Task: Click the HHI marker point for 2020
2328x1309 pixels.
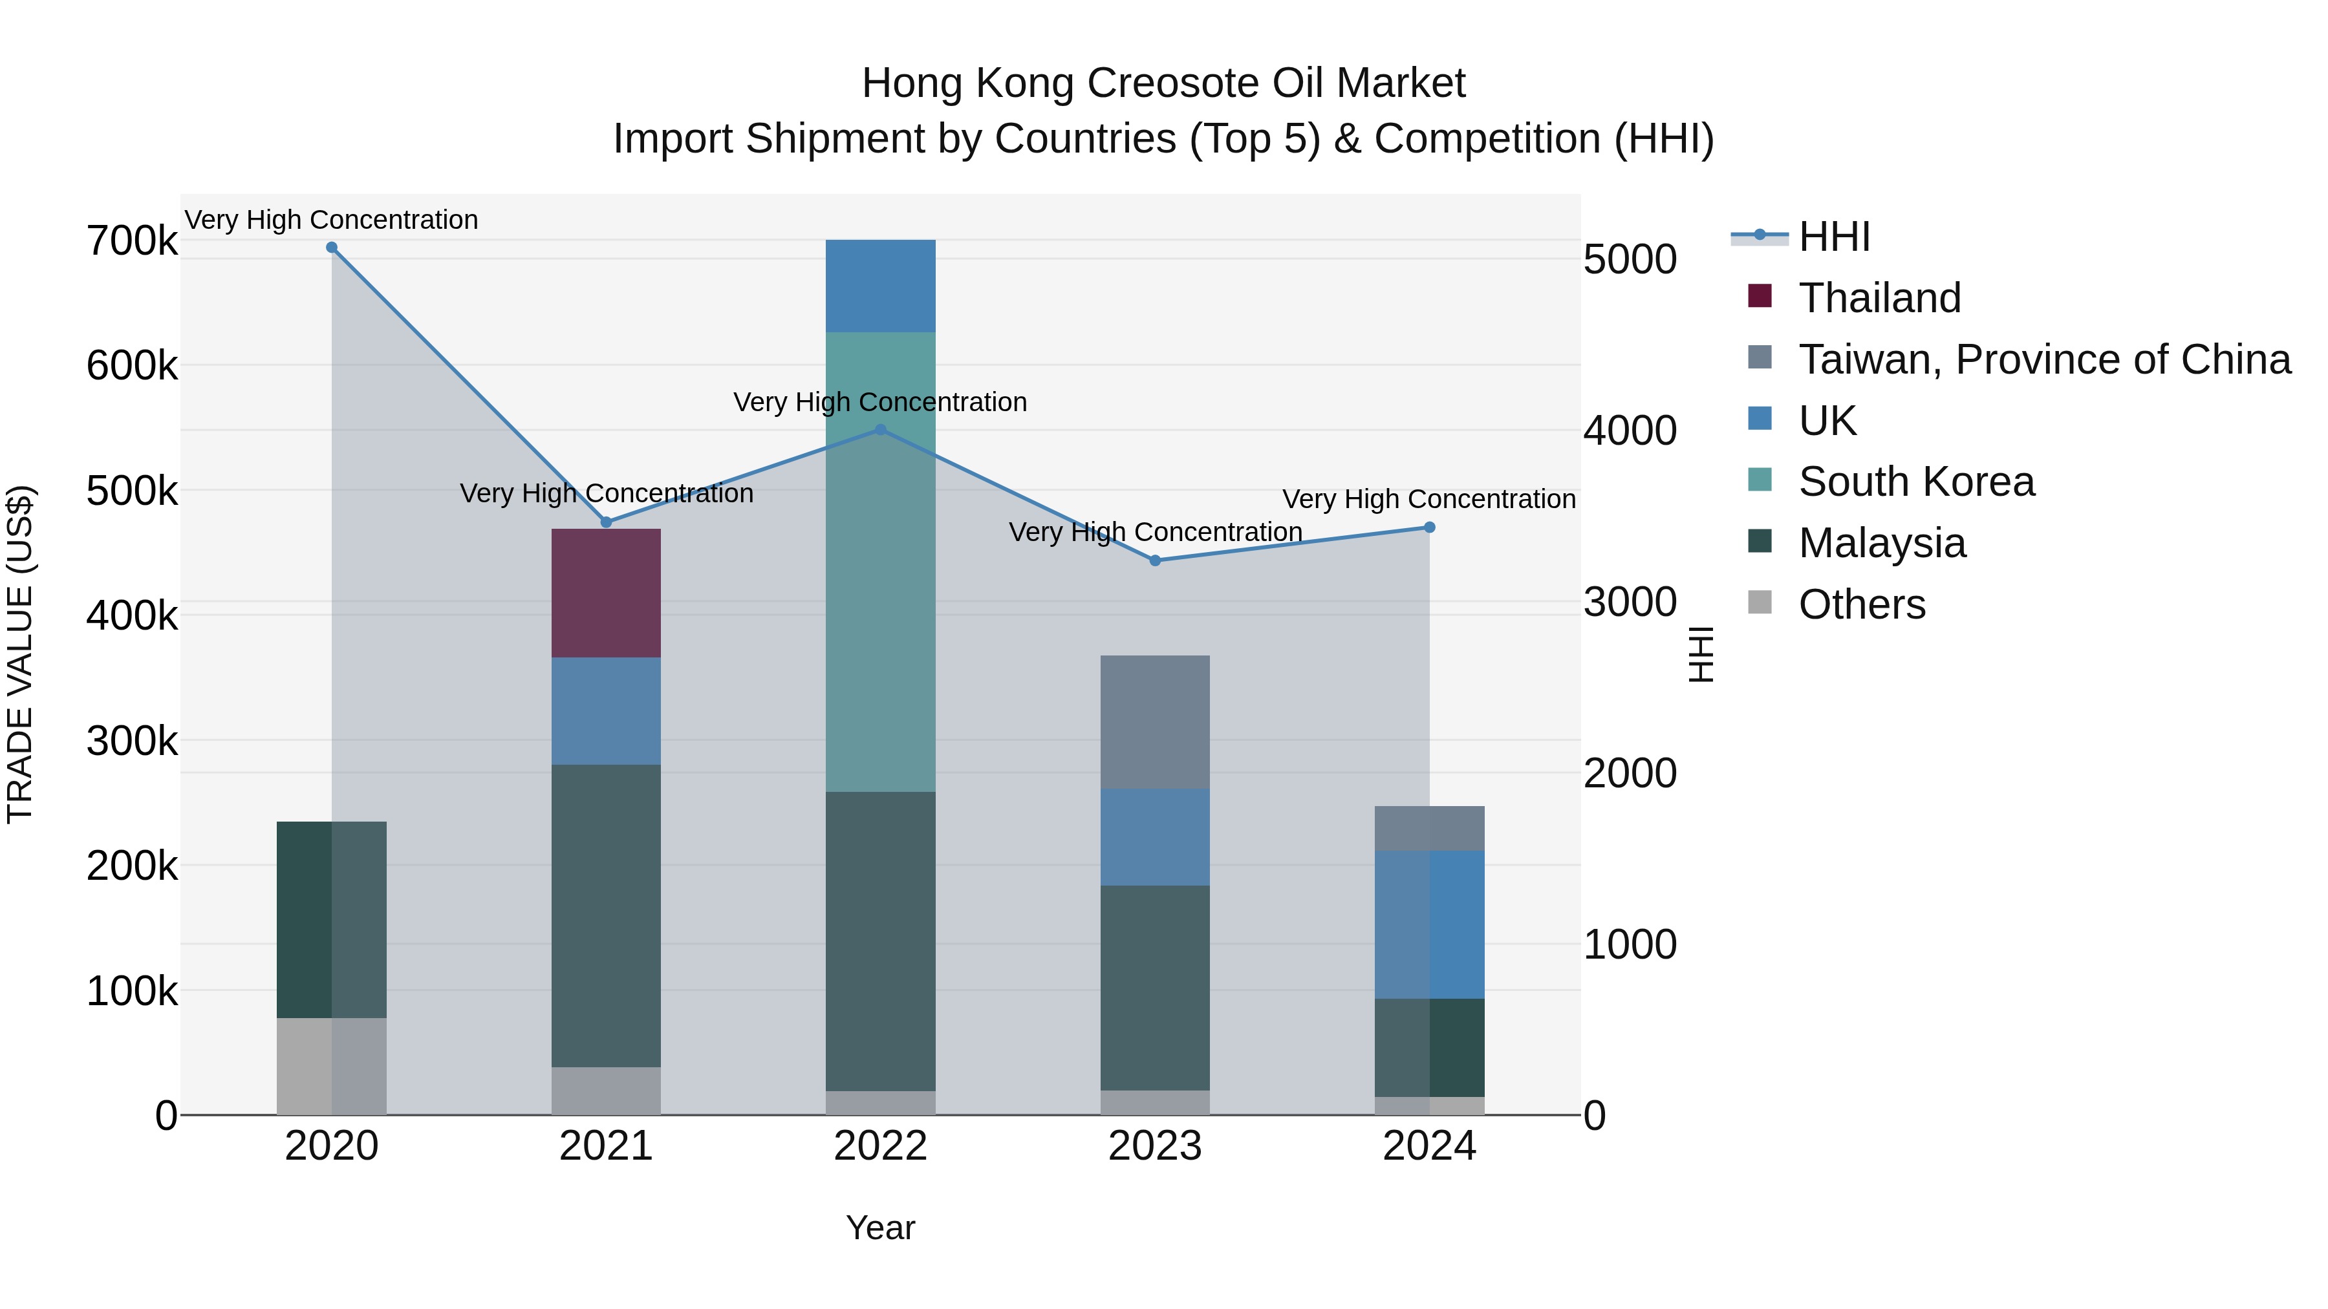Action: [x=332, y=248]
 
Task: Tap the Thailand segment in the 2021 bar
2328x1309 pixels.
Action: [x=605, y=593]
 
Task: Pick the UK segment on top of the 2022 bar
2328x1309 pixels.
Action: [x=880, y=286]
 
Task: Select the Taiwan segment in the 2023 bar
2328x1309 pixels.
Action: [x=1155, y=722]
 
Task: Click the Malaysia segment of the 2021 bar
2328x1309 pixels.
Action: [x=605, y=915]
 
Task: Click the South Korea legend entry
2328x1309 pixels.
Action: [x=1916, y=482]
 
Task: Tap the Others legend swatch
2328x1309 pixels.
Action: [x=1760, y=602]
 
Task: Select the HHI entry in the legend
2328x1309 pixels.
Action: [x=1834, y=237]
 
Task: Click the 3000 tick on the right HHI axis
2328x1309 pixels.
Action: [x=1630, y=602]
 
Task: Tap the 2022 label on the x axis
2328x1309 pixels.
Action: [x=880, y=1146]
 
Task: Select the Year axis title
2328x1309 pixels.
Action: [x=880, y=1228]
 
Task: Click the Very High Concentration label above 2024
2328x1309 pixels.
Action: [x=1428, y=498]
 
